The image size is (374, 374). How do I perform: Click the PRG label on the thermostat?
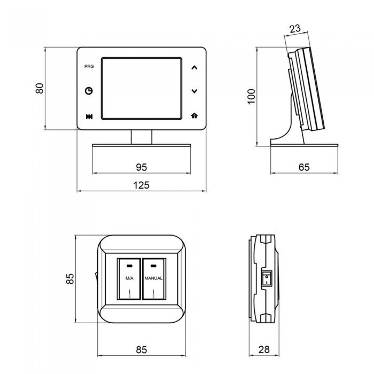pos(89,66)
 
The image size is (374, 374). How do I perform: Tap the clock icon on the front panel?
pos(89,91)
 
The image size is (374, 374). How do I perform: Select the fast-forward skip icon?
pos(89,116)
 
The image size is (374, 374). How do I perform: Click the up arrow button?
pos(194,67)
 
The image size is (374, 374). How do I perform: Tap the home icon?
pos(194,116)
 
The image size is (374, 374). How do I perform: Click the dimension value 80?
pos(40,88)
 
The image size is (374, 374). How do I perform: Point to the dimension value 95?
pos(142,167)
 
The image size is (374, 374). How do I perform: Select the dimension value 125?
pos(141,185)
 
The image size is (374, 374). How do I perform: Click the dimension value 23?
pos(295,29)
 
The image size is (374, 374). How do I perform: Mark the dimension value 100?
pos(252,96)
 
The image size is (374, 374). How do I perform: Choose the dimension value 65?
pos(304,167)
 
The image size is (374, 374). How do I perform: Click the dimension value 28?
pos(264,349)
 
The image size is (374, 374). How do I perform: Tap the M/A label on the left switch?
pos(129,278)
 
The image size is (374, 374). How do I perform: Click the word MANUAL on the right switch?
pos(153,278)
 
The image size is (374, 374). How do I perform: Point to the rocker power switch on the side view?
pos(267,278)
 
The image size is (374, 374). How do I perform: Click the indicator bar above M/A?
pos(129,266)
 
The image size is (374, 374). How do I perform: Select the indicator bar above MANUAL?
pos(153,266)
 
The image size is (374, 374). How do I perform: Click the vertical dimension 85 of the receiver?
pos(70,279)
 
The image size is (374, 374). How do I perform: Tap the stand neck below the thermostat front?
pos(142,137)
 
